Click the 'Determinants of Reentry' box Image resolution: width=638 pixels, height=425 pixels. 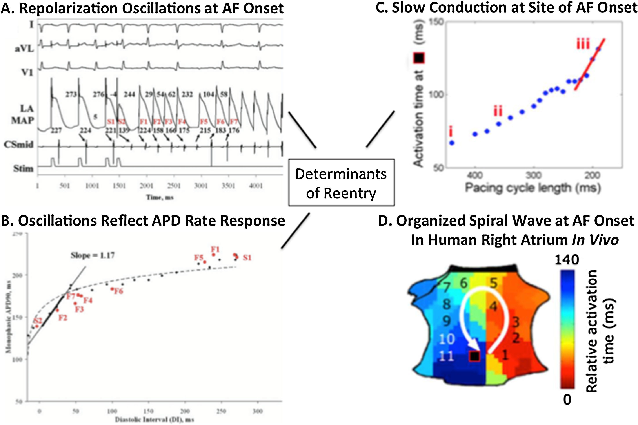tap(341, 183)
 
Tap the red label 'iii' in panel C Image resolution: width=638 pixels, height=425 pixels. tap(583, 44)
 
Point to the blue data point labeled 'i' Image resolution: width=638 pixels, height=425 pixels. tap(452, 143)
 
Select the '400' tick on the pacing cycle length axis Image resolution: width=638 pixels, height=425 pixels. tap(475, 175)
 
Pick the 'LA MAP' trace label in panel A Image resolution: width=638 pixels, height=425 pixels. tap(23, 114)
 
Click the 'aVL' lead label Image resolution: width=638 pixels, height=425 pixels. tap(24, 49)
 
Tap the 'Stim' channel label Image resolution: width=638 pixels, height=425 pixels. tap(23, 169)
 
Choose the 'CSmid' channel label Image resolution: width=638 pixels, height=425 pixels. tap(19, 145)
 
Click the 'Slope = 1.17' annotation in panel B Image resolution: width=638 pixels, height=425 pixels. tap(93, 255)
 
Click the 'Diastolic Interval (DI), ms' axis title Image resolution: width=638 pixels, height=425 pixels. tap(155, 420)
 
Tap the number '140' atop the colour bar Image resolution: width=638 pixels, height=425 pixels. tap(567, 260)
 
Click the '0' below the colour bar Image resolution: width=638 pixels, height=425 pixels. tap(567, 400)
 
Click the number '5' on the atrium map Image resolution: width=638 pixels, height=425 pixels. tap(493, 284)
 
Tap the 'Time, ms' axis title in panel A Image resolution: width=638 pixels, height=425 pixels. tap(160, 197)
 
